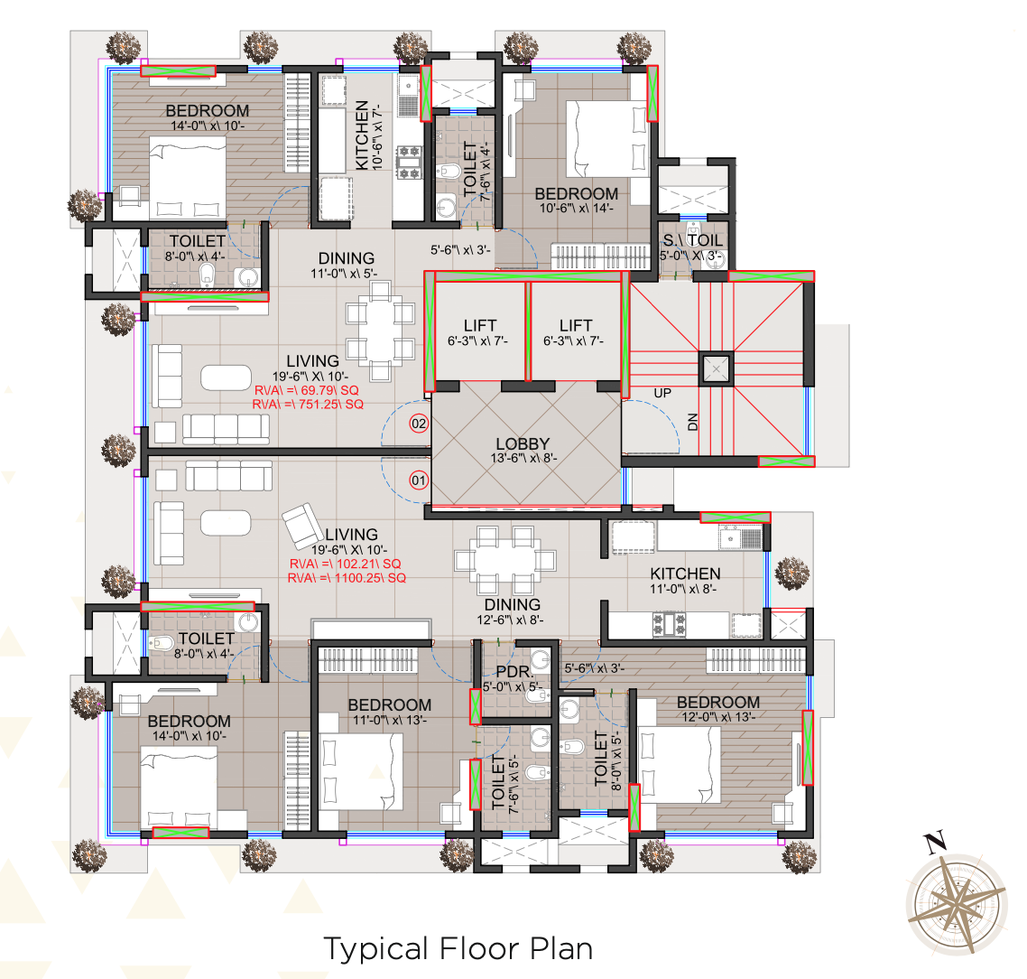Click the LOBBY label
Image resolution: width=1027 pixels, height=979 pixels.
click(523, 443)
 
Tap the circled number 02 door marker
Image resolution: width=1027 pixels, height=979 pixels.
click(419, 424)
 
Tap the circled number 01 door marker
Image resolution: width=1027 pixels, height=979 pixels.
click(419, 480)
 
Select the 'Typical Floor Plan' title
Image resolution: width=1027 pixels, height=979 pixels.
click(458, 949)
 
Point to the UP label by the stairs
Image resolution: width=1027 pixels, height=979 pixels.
click(663, 394)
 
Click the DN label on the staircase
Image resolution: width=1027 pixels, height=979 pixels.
click(693, 421)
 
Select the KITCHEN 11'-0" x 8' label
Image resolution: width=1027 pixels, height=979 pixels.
click(685, 573)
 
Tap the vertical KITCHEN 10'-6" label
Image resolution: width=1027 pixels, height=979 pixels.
click(362, 135)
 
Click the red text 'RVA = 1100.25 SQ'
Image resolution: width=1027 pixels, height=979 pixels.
click(347, 578)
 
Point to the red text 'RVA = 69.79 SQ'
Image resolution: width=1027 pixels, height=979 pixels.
click(307, 390)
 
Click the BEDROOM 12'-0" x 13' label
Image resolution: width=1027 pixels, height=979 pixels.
click(717, 703)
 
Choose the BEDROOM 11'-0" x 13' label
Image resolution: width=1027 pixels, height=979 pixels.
click(389, 705)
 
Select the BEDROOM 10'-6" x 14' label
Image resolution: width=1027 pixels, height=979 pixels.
click(576, 194)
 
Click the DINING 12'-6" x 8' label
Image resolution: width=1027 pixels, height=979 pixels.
click(512, 605)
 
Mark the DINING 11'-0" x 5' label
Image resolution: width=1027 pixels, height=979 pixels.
click(346, 259)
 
